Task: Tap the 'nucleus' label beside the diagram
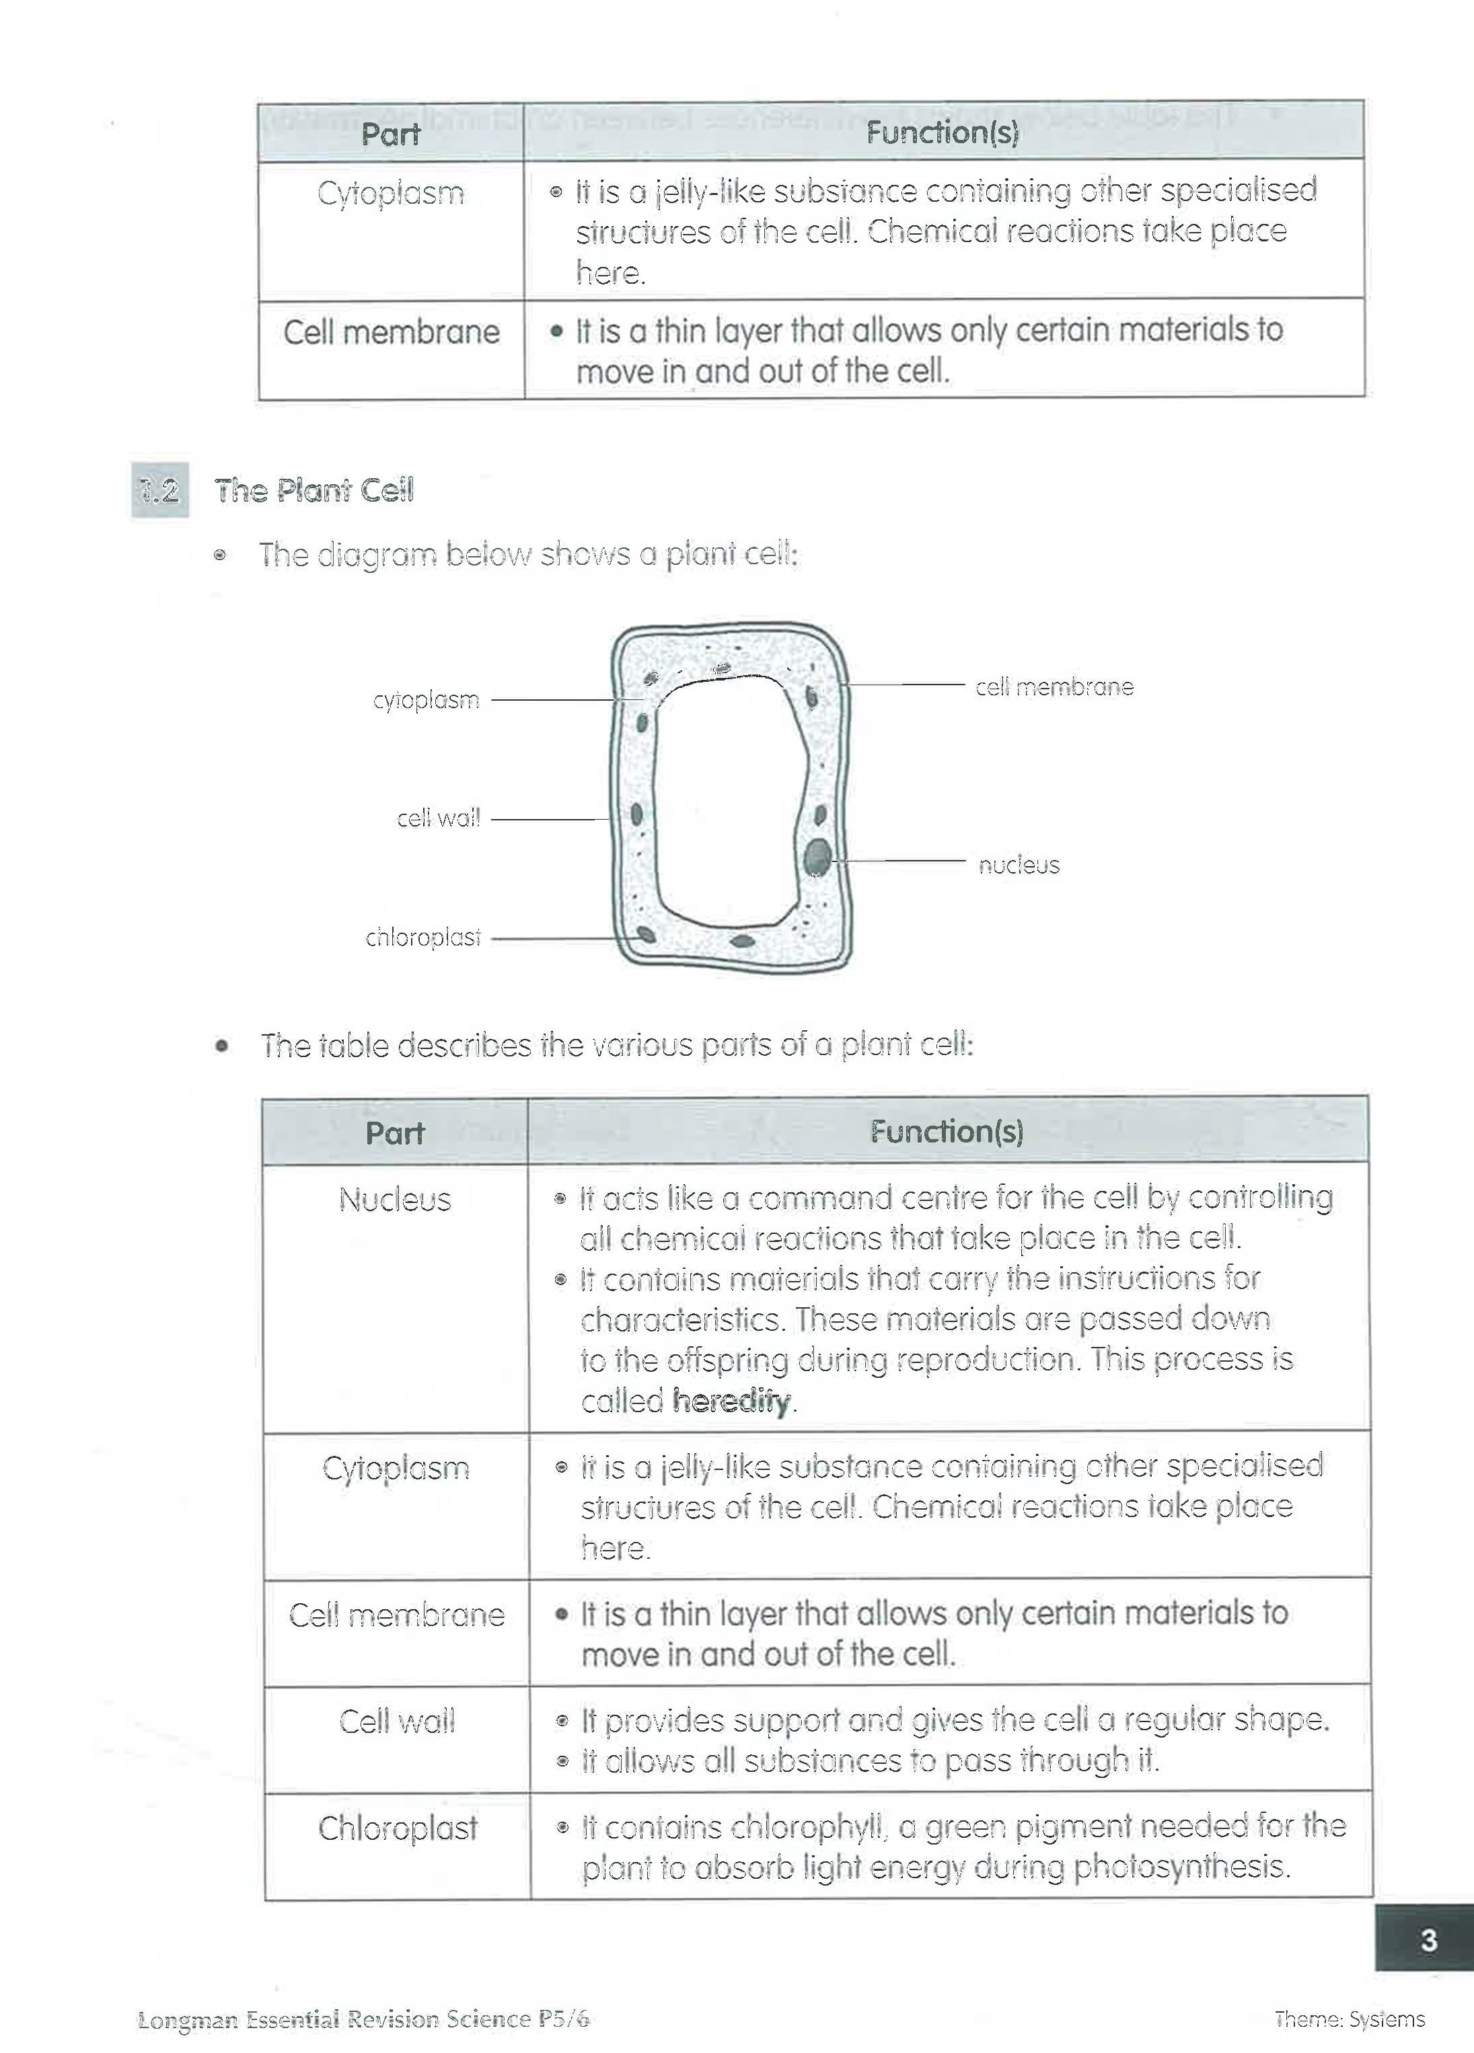point(1018,865)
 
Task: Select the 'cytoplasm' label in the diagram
point(426,700)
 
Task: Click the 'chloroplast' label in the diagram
point(422,938)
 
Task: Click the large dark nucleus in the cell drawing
point(817,856)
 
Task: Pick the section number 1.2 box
point(160,491)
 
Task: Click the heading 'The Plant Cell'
point(314,491)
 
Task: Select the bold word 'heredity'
point(731,1401)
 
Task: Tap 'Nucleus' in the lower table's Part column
point(395,1200)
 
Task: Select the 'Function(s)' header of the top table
point(942,133)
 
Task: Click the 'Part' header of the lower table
point(395,1132)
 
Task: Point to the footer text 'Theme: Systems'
point(1349,2019)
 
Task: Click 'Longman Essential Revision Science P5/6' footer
point(363,2019)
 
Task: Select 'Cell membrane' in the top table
point(391,332)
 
